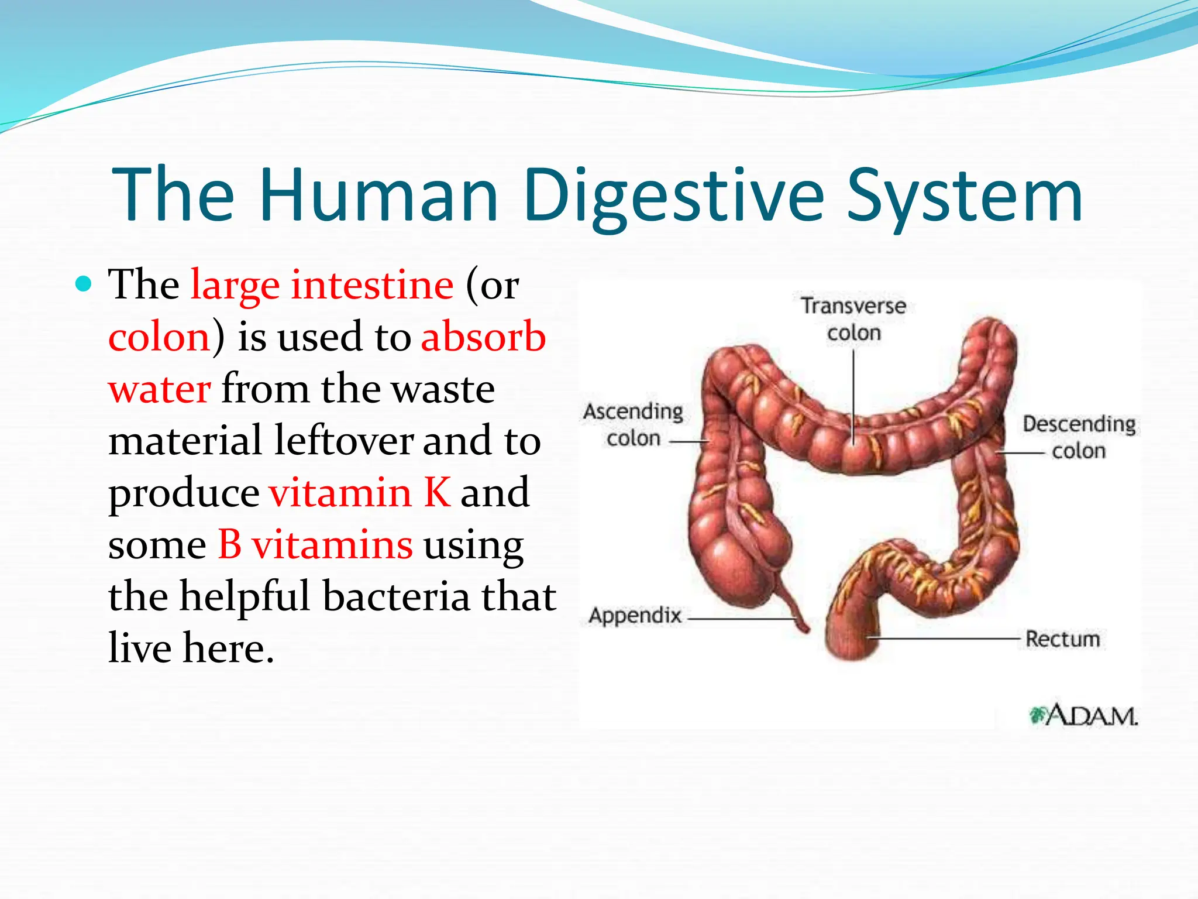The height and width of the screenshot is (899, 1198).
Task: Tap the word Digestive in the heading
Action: (x=673, y=196)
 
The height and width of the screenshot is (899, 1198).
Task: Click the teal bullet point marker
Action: (x=84, y=284)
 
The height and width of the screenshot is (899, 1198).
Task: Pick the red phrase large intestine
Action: (x=322, y=285)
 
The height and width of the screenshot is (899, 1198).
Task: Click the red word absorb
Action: (x=483, y=337)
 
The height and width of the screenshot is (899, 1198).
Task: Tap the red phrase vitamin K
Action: (x=359, y=493)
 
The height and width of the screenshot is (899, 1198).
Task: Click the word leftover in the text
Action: (x=343, y=441)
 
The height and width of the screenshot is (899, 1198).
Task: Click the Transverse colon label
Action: (x=853, y=319)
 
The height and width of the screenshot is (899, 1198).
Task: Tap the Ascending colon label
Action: (x=634, y=424)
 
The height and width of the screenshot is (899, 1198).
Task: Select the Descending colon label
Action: (x=1079, y=437)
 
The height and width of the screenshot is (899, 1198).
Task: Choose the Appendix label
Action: (x=635, y=615)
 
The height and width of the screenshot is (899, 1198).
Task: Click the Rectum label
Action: (x=1062, y=639)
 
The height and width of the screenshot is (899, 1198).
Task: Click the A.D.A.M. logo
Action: (x=1083, y=715)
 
